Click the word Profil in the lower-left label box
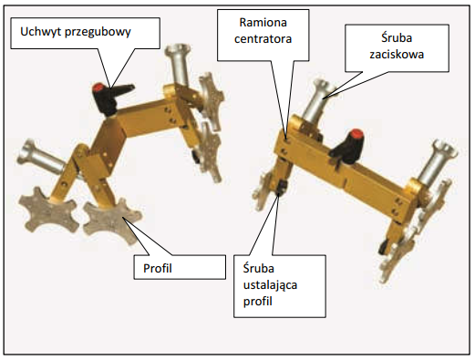tap(157, 270)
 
